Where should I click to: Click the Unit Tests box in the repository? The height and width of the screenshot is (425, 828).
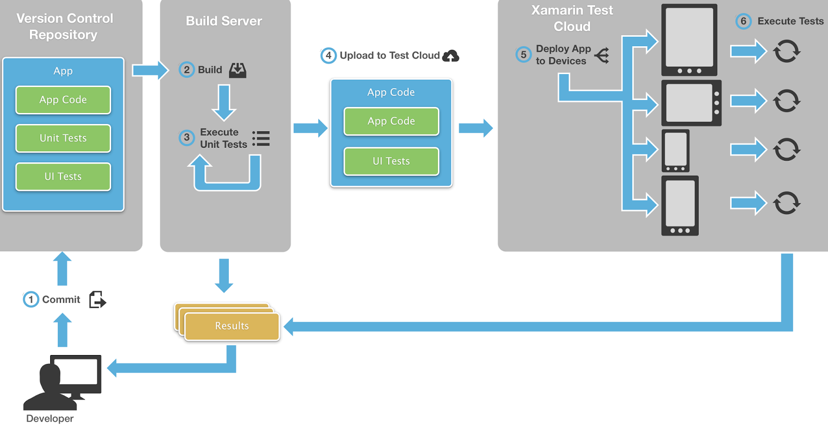[63, 138]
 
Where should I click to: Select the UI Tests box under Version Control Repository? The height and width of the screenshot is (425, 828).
[63, 177]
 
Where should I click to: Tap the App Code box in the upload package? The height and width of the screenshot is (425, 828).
[391, 121]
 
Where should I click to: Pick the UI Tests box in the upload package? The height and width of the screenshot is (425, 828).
[391, 161]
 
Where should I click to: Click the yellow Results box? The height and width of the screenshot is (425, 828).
[232, 326]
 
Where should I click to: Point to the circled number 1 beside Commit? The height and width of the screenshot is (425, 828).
[31, 300]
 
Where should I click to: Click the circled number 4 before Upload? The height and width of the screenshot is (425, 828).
[328, 55]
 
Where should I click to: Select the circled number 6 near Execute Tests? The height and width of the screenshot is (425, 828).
[743, 21]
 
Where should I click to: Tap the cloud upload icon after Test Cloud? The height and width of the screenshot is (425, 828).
[451, 56]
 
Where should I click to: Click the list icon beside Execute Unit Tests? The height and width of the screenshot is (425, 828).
[261, 138]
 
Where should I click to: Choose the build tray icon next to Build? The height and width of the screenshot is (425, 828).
[238, 70]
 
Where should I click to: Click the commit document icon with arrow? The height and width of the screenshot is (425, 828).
[97, 300]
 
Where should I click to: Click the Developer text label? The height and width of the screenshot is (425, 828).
[50, 418]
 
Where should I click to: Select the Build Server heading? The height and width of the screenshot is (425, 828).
[224, 21]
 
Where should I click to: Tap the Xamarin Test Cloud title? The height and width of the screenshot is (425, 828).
[572, 18]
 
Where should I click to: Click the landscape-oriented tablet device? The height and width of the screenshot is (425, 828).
[691, 103]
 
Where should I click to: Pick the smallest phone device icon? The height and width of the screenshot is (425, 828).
[675, 151]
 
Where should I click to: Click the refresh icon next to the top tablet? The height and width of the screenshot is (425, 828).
[787, 51]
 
